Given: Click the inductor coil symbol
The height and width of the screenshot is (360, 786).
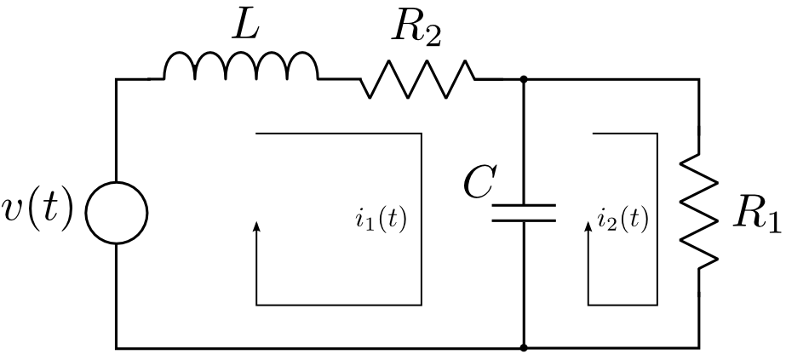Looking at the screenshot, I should pos(240,67).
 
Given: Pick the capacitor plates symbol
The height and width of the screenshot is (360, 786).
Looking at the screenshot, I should pos(524,212).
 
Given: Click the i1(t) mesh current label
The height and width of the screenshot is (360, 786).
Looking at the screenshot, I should pos(381,220).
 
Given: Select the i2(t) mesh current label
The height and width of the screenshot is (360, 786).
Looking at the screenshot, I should pos(622,220).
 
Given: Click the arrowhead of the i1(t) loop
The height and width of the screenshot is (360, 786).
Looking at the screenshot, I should pos(257,226).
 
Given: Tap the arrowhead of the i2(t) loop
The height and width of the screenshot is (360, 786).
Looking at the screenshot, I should pos(588,226).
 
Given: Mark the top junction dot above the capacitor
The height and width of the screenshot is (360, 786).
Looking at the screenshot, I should pos(524,79).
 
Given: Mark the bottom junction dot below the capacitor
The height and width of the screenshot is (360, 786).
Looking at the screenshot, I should pos(524,347).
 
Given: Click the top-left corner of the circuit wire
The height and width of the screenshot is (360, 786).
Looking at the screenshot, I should pos(117,79).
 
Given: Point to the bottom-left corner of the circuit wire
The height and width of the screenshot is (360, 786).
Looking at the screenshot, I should pos(117,347).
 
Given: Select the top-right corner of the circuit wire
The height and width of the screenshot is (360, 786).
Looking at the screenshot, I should pos(698,79).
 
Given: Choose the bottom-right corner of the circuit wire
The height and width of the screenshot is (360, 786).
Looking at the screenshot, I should pos(698,347).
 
